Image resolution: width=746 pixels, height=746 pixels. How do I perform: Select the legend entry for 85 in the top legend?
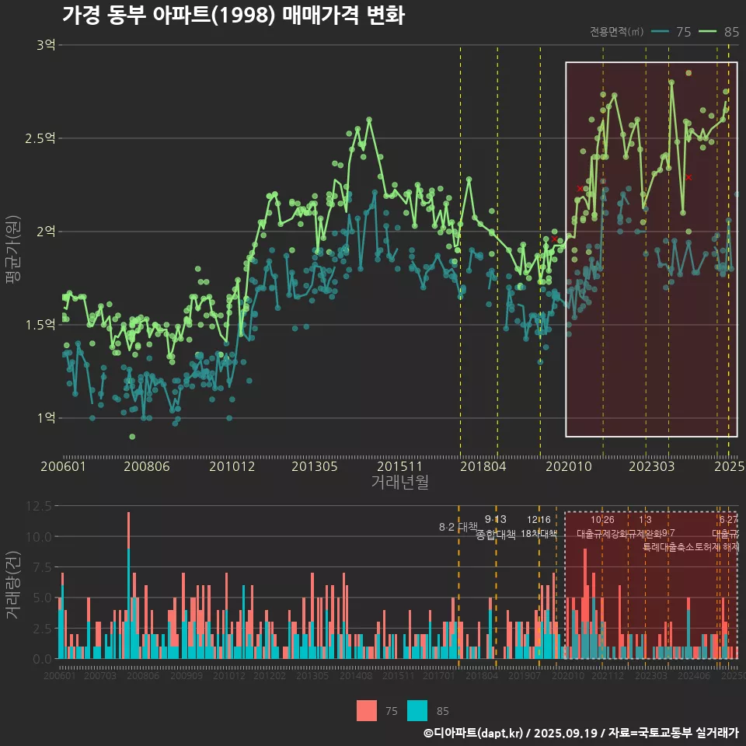click(720, 32)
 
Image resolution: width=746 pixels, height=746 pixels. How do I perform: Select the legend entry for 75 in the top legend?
click(671, 32)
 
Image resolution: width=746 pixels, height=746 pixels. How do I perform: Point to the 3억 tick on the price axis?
click(46, 45)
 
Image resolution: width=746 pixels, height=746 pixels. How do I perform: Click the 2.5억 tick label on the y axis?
click(40, 138)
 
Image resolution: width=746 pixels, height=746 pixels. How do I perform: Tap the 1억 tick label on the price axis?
click(46, 418)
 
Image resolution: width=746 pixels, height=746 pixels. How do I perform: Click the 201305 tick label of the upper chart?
click(315, 466)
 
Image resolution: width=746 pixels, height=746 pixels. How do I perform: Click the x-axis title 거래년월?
click(399, 483)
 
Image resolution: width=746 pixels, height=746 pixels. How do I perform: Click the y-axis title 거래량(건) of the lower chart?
click(13, 584)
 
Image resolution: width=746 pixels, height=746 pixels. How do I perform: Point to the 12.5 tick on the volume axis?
click(37, 506)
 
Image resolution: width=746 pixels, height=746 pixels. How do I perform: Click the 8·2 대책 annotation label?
click(458, 527)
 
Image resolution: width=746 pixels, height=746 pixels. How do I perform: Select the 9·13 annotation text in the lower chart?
click(495, 519)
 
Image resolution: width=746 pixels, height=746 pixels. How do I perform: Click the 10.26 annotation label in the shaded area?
click(602, 519)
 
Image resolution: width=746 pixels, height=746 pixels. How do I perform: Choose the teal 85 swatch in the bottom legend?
click(417, 710)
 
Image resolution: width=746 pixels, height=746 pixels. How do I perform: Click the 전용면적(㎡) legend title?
click(616, 32)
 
